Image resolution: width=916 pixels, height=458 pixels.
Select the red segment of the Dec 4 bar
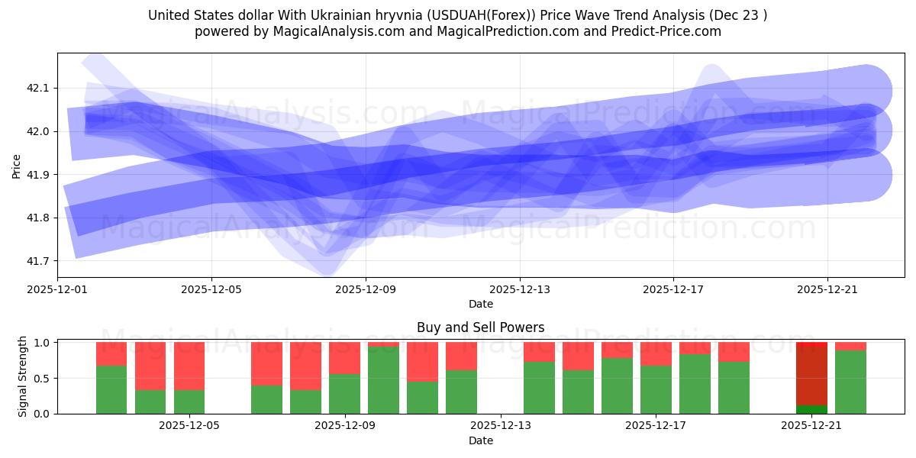(150, 366)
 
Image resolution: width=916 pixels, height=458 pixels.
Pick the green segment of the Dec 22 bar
(850, 382)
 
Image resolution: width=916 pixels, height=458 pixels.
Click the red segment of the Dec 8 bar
(305, 366)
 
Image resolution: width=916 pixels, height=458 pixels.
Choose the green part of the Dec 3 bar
(111, 389)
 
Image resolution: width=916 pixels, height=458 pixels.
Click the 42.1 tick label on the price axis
(37, 89)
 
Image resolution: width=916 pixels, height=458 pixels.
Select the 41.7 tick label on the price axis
(37, 262)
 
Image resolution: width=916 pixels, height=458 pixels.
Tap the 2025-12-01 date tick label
(57, 290)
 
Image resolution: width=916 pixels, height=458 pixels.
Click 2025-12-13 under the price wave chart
(520, 290)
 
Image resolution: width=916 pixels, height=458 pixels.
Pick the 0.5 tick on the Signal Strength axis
(42, 379)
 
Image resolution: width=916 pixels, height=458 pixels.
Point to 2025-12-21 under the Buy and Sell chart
(811, 426)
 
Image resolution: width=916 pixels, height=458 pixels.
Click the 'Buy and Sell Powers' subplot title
(481, 327)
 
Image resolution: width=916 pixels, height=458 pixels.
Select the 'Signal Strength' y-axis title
(23, 376)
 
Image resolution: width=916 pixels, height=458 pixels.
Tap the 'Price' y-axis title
(17, 166)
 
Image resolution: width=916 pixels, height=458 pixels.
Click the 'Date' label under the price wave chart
(481, 304)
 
